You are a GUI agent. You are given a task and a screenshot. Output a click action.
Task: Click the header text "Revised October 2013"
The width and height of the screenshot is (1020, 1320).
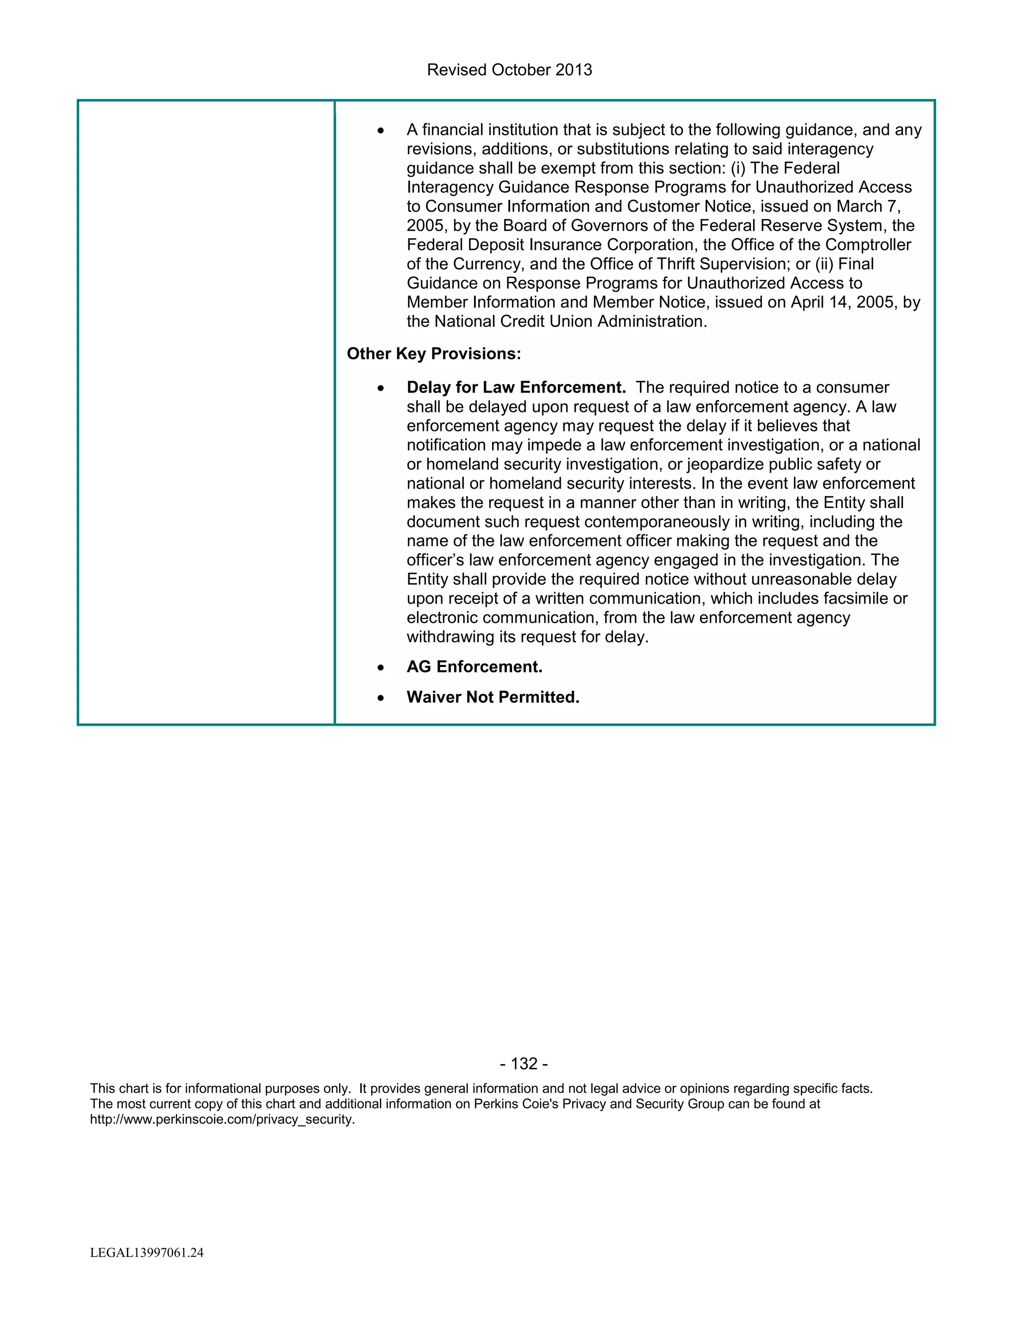tap(510, 70)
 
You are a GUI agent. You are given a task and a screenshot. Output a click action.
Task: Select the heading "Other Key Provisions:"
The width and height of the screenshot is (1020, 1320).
tap(433, 354)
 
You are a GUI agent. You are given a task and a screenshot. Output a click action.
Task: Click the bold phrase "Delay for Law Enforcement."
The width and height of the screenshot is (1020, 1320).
tap(516, 388)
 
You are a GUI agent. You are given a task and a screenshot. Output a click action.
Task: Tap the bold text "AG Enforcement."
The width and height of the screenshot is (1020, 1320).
tap(474, 666)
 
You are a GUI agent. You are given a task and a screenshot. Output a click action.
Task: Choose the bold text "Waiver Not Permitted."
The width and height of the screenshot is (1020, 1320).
tap(493, 697)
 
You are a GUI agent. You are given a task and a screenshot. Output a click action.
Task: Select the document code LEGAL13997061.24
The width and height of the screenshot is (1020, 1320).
tap(147, 1253)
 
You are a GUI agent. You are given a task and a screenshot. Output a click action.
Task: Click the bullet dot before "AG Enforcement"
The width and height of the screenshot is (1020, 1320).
tap(380, 668)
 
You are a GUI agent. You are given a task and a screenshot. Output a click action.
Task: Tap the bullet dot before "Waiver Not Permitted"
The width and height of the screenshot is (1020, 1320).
tap(380, 698)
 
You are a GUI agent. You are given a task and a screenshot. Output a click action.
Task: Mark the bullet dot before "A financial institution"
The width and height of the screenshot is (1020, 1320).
tap(380, 131)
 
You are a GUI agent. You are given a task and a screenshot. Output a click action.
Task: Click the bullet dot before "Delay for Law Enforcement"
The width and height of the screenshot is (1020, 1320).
tap(380, 389)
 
